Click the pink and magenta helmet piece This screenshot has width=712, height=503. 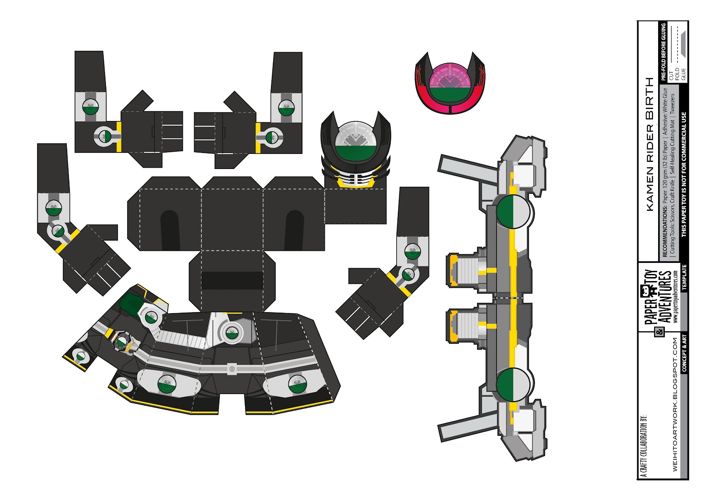[449, 85]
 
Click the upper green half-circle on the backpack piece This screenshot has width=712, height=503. [506, 212]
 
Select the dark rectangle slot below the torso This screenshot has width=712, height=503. [231, 281]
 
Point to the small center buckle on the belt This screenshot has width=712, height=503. [231, 369]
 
